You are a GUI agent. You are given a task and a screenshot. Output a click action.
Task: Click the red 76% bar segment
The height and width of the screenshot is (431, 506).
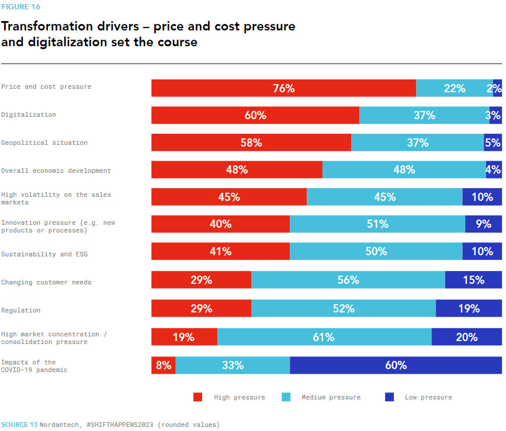coord(283,88)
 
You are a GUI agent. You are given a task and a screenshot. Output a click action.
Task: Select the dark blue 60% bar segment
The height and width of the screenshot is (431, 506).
coord(396,366)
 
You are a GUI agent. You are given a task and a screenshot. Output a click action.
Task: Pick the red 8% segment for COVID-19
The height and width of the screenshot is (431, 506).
coord(164,366)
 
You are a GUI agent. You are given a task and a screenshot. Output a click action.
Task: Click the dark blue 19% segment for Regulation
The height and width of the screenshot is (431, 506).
coord(469,309)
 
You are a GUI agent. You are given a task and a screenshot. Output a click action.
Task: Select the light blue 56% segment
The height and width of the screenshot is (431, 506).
coord(348,280)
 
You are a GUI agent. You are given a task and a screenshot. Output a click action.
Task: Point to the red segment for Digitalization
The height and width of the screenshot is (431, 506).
coord(255,116)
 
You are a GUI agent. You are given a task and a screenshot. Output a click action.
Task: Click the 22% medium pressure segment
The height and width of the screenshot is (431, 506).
coord(455,88)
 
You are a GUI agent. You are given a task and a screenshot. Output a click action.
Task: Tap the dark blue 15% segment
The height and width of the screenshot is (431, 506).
coord(473,280)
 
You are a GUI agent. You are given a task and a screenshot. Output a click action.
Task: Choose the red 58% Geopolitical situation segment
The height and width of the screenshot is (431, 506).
coord(251,143)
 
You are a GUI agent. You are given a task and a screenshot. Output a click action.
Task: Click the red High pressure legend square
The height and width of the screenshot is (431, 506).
coord(198,397)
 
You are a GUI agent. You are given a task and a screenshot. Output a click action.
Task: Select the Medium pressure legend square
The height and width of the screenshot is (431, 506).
coord(286,397)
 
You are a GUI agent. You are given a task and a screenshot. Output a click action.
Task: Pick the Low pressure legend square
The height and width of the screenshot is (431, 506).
coord(389,397)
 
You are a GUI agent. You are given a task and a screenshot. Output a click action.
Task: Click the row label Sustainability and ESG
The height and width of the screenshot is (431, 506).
coord(44,255)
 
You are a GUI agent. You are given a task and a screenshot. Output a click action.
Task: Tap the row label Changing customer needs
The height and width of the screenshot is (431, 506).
coord(46,283)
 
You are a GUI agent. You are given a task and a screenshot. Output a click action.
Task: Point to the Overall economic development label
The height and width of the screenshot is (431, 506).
coord(56,171)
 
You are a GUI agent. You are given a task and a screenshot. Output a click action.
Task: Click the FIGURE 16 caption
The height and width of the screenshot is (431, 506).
coord(20,7)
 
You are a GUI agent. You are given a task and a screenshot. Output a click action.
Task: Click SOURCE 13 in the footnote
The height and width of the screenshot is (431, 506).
coord(19,425)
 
